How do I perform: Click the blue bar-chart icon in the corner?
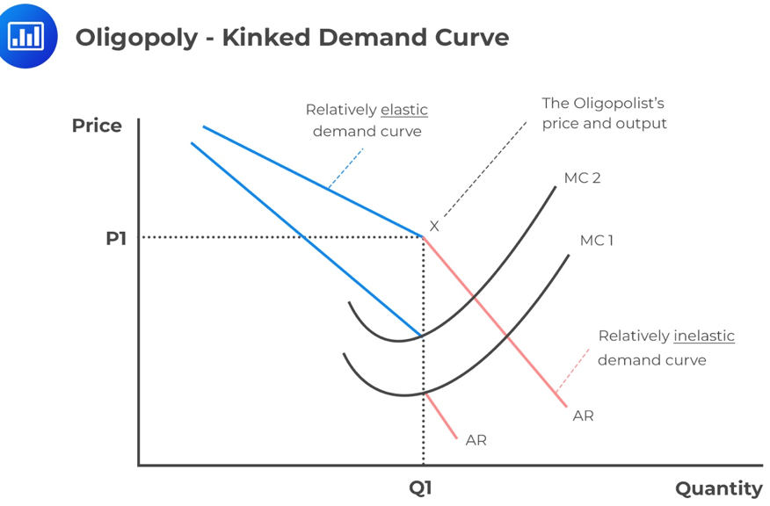click(x=26, y=35)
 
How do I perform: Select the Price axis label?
click(x=97, y=126)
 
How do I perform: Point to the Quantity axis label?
click(x=718, y=488)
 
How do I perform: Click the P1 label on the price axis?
click(x=116, y=238)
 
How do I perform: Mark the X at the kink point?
click(x=433, y=227)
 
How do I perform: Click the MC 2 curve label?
click(x=582, y=178)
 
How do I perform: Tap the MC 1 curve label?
click(x=596, y=241)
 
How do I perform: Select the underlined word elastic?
click(x=404, y=110)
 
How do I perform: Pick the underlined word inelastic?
click(x=704, y=336)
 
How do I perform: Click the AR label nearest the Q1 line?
click(x=476, y=440)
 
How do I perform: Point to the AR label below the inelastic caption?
click(x=583, y=416)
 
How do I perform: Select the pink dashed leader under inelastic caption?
click(x=573, y=369)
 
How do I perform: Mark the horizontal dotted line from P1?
click(x=281, y=237)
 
